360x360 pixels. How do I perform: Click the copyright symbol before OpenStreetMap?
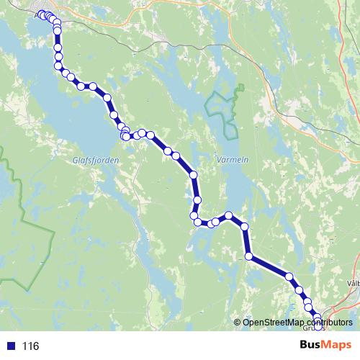coord(238,323)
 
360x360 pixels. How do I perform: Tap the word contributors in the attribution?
coord(330,323)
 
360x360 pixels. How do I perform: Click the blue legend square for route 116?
coord(9,346)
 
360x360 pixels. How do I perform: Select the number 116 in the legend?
coord(30,346)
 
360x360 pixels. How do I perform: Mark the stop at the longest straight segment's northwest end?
coord(249,256)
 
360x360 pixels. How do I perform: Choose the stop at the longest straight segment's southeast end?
coord(289,276)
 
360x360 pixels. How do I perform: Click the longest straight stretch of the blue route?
coord(269,266)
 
